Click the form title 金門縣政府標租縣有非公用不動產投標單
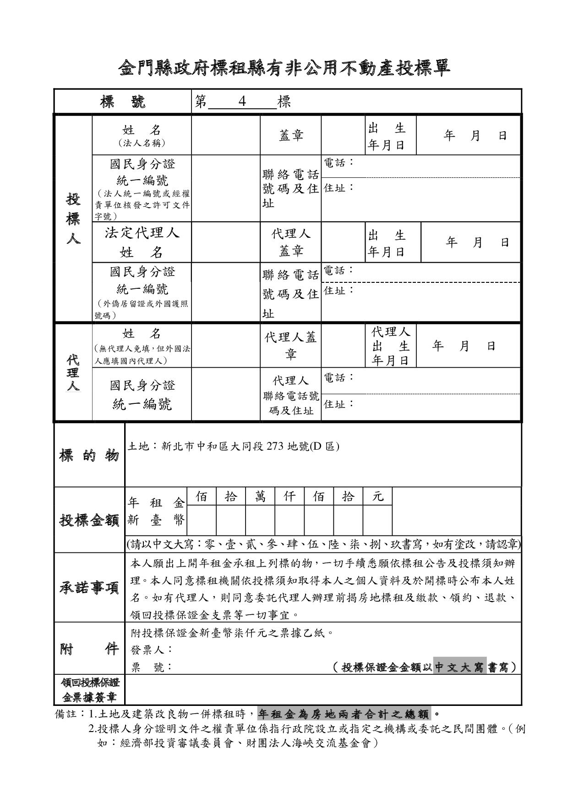click(284, 68)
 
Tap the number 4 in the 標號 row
click(242, 101)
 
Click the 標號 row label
click(122, 101)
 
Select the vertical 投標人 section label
click(73, 219)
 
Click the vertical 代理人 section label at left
click(73, 372)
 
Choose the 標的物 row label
click(89, 456)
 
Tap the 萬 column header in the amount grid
click(260, 496)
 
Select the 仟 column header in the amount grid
click(289, 496)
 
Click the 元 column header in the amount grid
click(377, 496)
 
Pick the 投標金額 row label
click(89, 520)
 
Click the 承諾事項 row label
click(89, 588)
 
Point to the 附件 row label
click(89, 649)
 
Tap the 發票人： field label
click(152, 650)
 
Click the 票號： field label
click(152, 667)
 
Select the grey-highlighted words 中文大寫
click(459, 667)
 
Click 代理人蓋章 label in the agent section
click(290, 346)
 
